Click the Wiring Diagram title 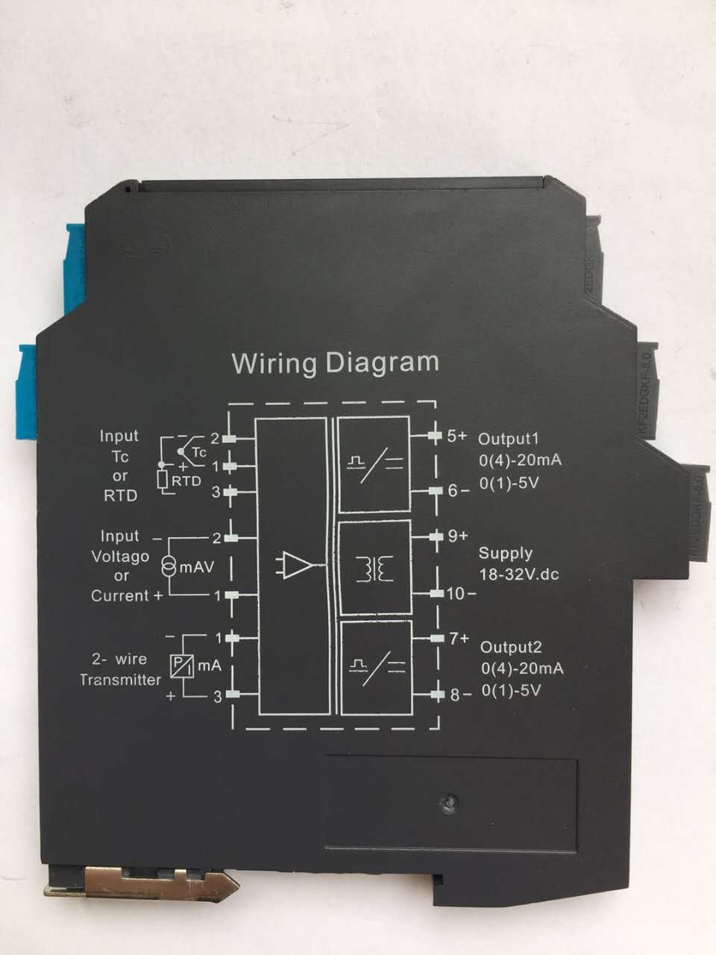click(335, 363)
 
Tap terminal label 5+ click(456, 436)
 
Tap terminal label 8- click(459, 695)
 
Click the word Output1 click(509, 438)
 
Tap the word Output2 click(511, 647)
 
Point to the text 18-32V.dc click(519, 574)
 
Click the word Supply click(506, 554)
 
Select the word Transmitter click(120, 680)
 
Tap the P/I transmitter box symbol click(180, 666)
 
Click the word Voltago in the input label click(120, 557)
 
